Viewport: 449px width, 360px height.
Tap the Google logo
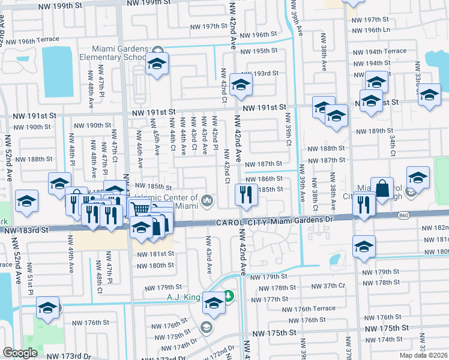point(20,353)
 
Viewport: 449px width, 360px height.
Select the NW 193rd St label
point(265,73)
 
